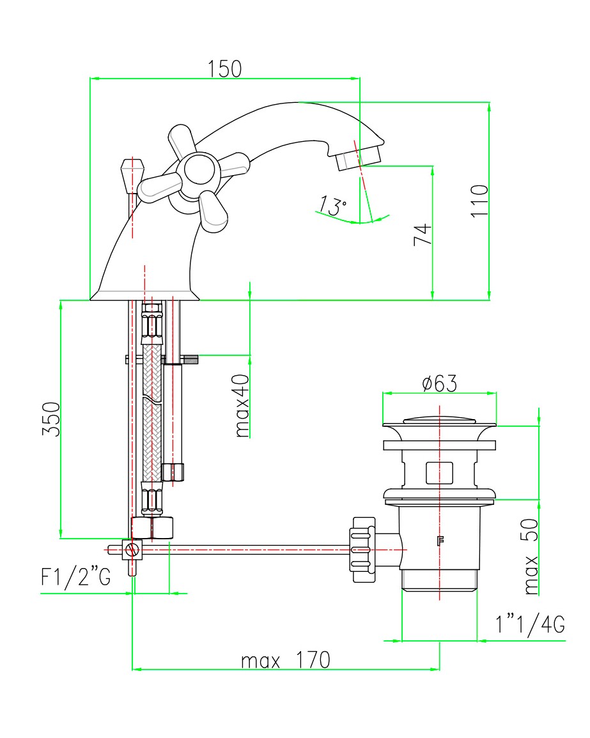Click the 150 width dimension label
pyautogui.click(x=224, y=69)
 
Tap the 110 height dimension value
pyautogui.click(x=480, y=201)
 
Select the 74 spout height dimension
pyautogui.click(x=423, y=234)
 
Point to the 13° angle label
pyautogui.click(x=332, y=205)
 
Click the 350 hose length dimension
pyautogui.click(x=51, y=419)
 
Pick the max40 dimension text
pyautogui.click(x=242, y=406)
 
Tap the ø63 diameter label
pyautogui.click(x=439, y=383)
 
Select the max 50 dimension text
pyautogui.click(x=531, y=557)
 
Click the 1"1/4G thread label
pyautogui.click(x=530, y=624)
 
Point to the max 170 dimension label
pyautogui.click(x=285, y=660)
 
